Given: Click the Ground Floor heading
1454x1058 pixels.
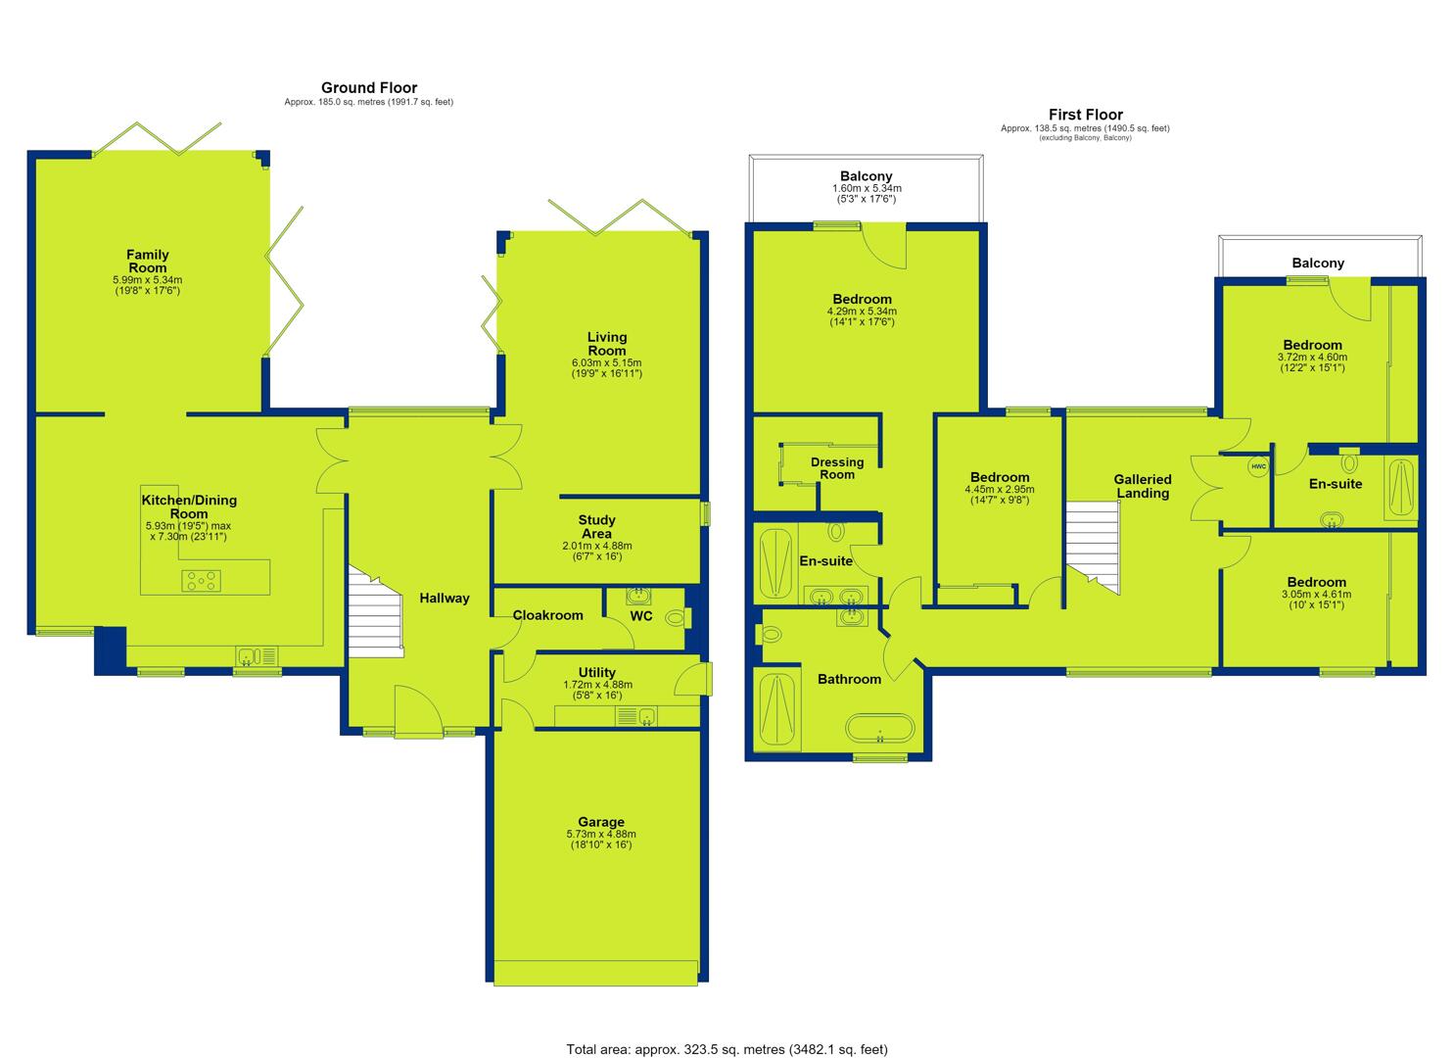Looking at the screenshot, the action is pos(369,88).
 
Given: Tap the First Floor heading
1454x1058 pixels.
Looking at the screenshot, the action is pos(1085,115).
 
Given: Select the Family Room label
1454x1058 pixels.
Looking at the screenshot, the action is pos(147,262).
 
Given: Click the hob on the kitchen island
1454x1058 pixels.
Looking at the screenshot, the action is pos(202,580).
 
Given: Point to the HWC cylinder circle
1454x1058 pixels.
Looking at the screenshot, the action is pos(1258,466).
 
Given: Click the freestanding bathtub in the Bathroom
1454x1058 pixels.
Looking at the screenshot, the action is pos(880,728).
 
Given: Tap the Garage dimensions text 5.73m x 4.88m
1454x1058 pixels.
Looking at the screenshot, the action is pos(601,834).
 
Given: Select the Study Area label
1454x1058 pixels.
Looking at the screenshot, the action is pos(596,527).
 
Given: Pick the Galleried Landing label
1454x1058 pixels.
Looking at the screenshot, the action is pos(1143,486).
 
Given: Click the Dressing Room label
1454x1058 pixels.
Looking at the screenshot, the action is pos(837,468).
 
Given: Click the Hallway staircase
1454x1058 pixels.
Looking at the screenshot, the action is pos(376,612).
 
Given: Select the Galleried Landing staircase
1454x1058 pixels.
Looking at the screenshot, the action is pos(1093,547).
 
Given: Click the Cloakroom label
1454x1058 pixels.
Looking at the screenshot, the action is pos(548,615).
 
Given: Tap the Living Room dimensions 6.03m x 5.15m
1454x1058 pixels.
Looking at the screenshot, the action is pos(606,362).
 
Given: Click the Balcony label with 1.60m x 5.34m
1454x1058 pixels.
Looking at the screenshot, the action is pos(866,176).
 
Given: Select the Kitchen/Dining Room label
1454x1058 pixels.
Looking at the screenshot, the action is pos(189,506).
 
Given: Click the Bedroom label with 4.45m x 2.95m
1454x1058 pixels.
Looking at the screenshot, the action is pos(1000,477).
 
